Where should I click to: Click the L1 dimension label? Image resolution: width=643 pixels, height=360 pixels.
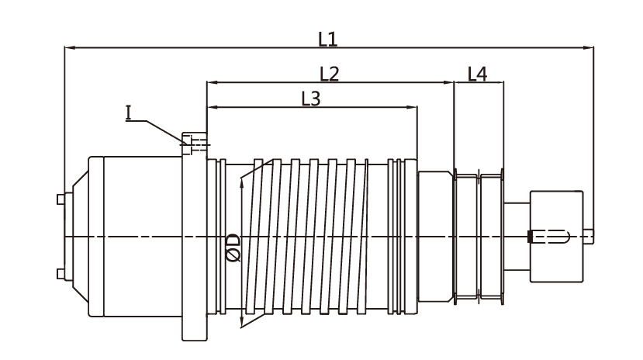328,36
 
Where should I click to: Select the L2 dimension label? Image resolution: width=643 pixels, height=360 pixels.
330,73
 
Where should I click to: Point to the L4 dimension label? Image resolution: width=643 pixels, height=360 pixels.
478,74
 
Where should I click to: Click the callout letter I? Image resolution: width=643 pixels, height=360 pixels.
130,113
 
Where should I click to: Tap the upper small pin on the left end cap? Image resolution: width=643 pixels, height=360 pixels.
60,199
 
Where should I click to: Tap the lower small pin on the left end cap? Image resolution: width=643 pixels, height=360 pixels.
60,273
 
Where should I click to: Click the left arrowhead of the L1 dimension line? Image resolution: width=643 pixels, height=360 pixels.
67,48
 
